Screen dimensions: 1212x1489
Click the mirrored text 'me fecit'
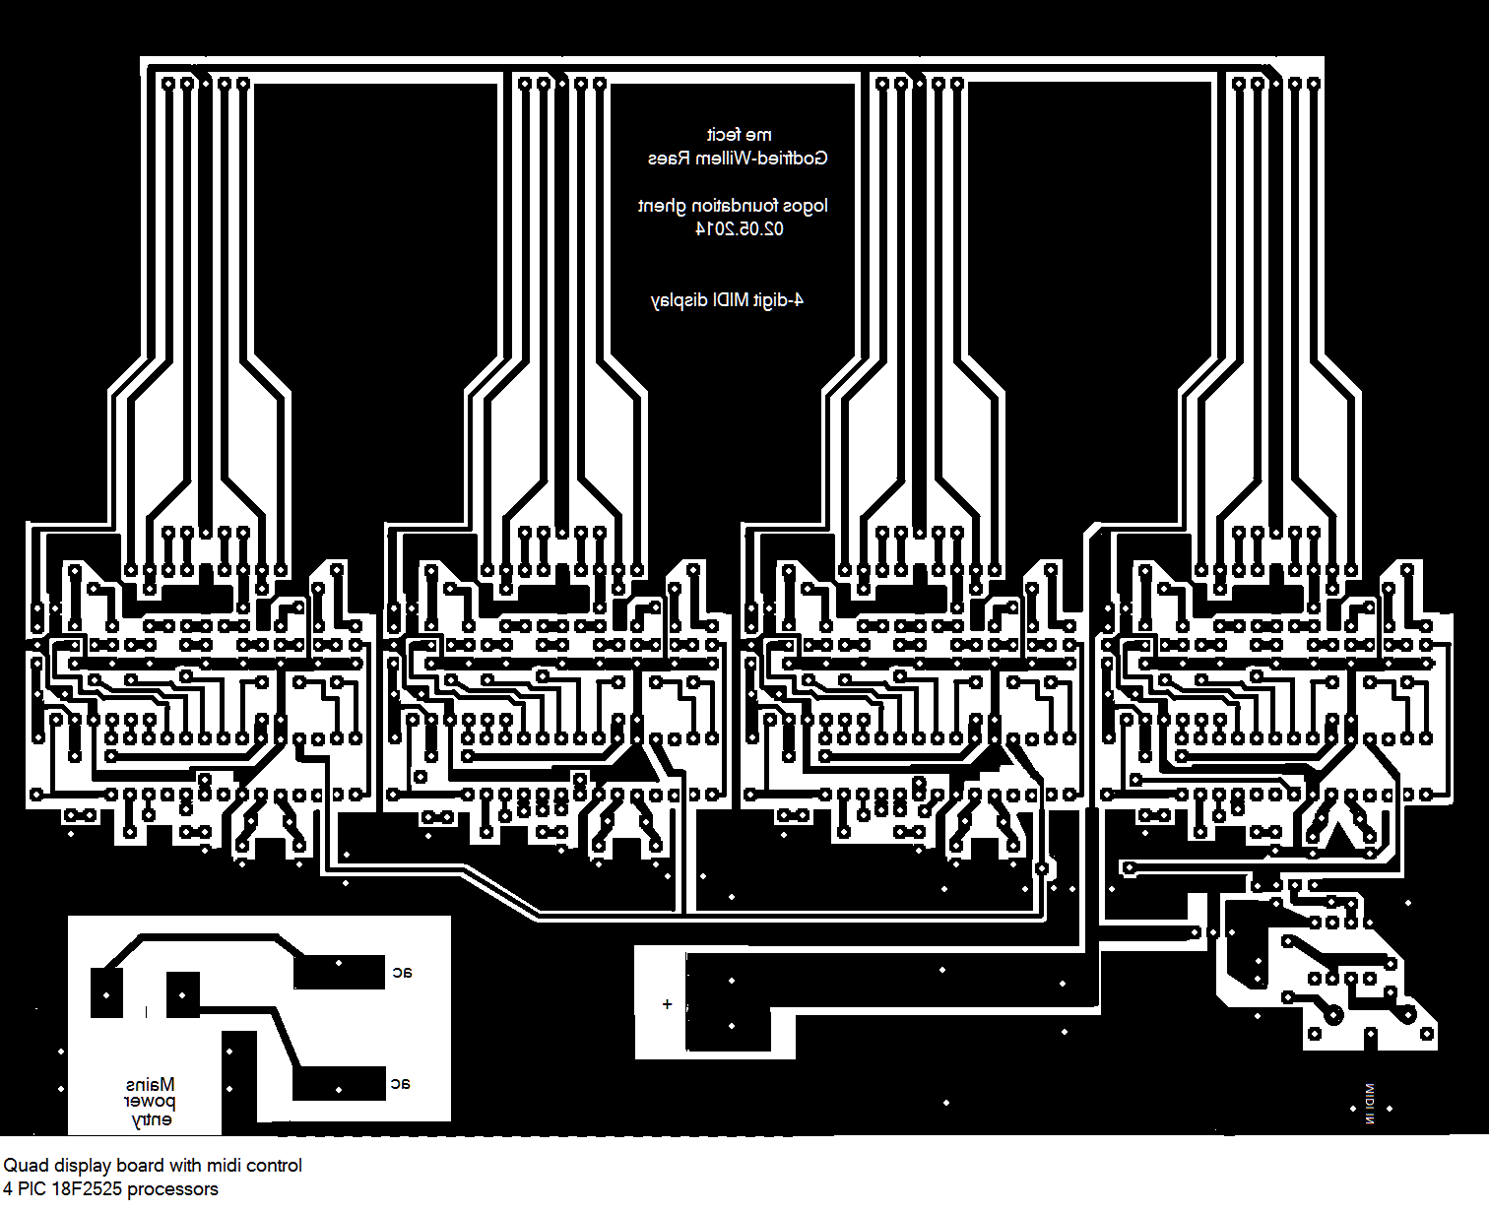740,135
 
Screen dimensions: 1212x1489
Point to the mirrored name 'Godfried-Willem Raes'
738,158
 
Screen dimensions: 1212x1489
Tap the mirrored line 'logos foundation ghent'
733,206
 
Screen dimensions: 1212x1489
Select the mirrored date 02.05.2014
740,228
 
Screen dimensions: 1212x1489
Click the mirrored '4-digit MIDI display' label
727,299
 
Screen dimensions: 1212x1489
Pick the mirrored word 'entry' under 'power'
152,1119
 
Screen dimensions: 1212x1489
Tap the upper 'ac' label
402,972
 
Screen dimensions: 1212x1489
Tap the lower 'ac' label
400,1083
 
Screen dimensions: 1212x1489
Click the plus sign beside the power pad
667,1004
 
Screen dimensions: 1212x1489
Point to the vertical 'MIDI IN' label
1369,1104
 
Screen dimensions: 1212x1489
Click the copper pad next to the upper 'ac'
339,972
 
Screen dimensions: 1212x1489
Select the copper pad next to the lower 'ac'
339,1083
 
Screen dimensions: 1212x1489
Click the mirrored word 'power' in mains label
150,1102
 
